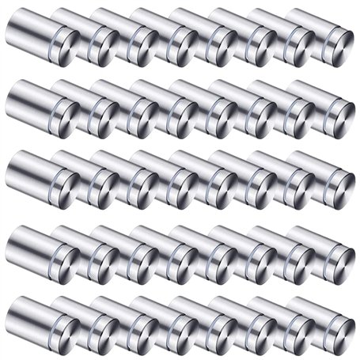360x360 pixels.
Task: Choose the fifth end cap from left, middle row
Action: click(221, 185)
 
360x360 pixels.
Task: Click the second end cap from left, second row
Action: click(102, 114)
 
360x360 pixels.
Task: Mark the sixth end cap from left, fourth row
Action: click(260, 258)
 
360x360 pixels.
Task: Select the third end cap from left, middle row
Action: click(142, 185)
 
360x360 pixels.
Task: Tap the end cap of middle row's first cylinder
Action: click(63, 185)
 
